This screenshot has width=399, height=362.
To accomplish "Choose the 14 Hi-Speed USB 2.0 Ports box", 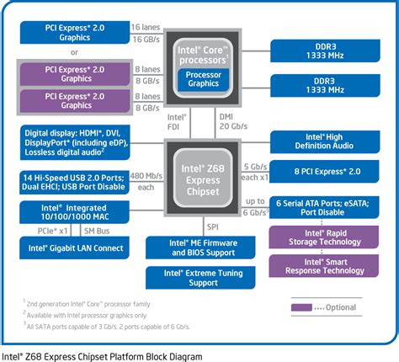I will pos(73,183).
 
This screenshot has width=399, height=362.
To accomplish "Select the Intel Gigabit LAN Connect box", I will pos(73,248).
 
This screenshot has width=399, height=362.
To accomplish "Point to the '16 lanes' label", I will pos(146,28).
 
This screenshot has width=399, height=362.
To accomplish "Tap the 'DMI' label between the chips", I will pos(225,116).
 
